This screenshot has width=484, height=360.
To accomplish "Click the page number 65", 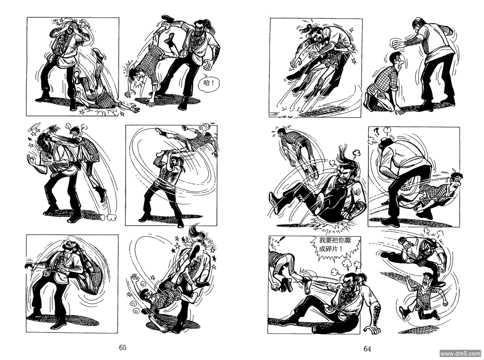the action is [123, 347].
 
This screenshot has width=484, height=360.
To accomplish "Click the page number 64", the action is [367, 349].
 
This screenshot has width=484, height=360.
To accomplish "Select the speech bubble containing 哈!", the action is [209, 83].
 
